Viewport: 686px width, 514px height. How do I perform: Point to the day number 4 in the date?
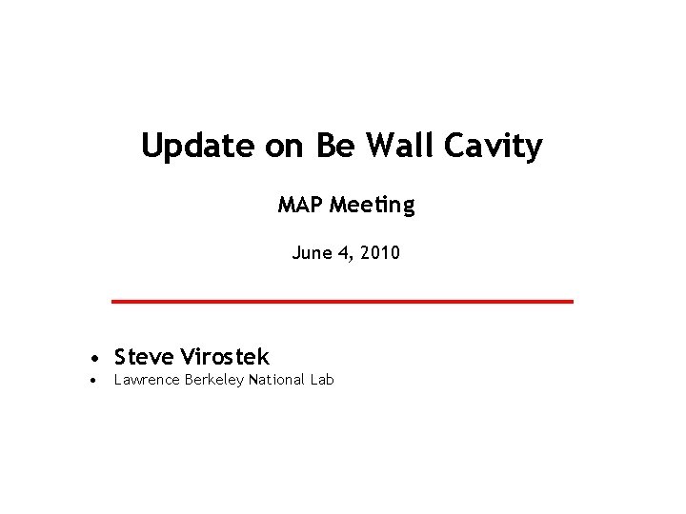345,253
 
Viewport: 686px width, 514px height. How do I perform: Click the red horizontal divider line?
343,301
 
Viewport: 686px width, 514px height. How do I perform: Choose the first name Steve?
144,357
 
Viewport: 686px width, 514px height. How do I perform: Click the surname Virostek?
226,357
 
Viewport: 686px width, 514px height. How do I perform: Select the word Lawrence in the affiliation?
146,380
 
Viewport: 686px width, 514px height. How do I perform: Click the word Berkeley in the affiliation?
212,381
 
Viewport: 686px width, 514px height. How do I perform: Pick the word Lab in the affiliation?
321,380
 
